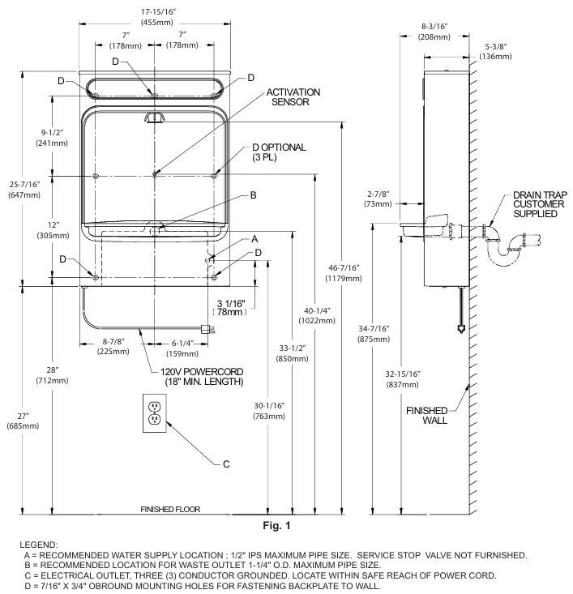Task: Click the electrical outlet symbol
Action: (154, 412)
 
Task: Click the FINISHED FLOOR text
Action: (170, 509)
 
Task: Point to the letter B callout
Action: (253, 195)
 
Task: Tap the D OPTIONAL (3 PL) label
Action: (279, 152)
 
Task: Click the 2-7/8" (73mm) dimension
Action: (377, 199)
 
